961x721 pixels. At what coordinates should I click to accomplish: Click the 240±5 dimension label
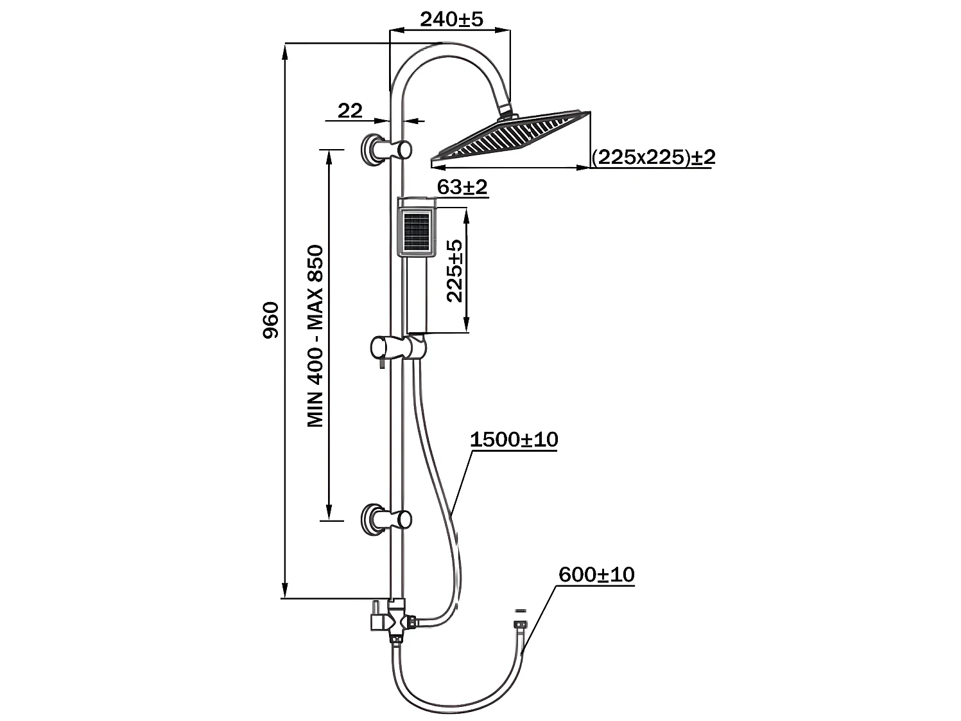coord(451,19)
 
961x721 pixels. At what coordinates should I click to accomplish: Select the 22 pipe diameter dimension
coord(350,111)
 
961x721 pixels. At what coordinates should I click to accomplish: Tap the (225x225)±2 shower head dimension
coord(653,157)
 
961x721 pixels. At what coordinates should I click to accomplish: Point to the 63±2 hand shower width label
coord(462,187)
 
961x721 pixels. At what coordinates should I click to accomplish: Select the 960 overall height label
coord(272,319)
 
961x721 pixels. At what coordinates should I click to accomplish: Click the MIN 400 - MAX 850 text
coord(315,335)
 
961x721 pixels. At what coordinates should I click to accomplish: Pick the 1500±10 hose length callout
coord(514,440)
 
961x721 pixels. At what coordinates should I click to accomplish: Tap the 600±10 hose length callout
coord(596,574)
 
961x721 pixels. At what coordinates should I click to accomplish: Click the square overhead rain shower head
coord(514,136)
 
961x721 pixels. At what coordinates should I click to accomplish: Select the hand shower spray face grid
coord(416,233)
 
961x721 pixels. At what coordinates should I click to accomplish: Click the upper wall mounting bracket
coord(384,149)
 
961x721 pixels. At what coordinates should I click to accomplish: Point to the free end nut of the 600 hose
coord(520,625)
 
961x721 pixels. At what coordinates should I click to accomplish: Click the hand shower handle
coord(417,296)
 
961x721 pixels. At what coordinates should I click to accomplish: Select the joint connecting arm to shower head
coord(506,112)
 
